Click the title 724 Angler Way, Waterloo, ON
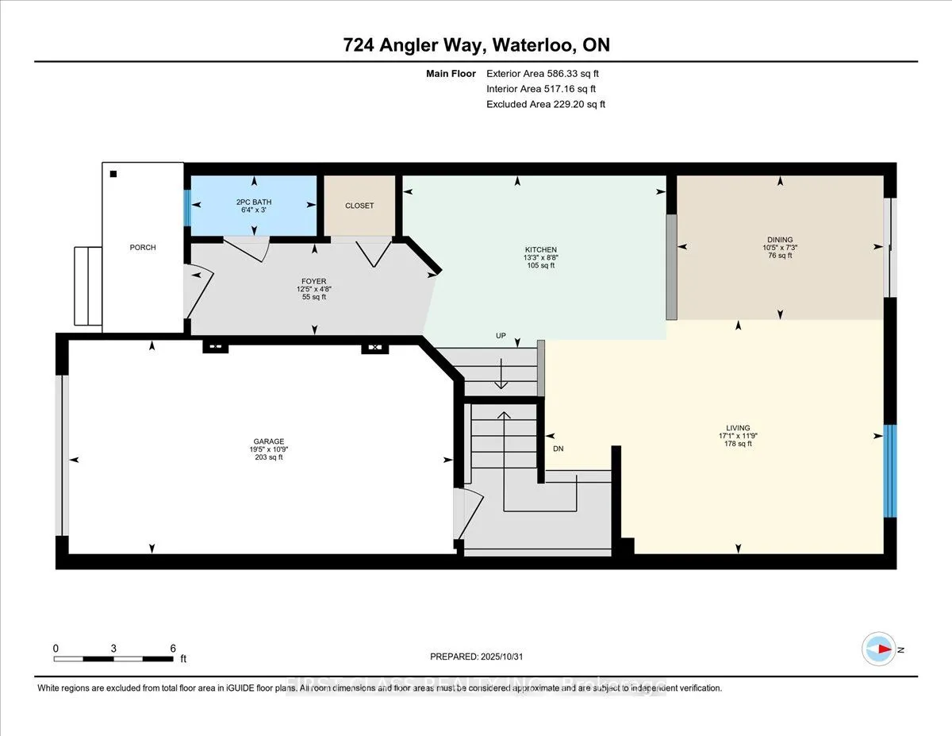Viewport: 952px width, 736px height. pyautogui.click(x=476, y=45)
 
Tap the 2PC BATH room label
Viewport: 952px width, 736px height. pyautogui.click(x=254, y=202)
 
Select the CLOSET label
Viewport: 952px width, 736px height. pyautogui.click(x=359, y=206)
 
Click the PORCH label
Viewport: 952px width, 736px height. pyautogui.click(x=143, y=248)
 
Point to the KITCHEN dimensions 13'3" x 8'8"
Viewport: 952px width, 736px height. pyautogui.click(x=541, y=257)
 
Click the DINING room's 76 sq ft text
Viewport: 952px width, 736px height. pyautogui.click(x=779, y=256)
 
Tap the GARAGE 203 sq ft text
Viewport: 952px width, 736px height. pyautogui.click(x=269, y=457)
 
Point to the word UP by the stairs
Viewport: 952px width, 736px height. pyautogui.click(x=501, y=336)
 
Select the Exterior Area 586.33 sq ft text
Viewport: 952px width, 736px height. pyautogui.click(x=547, y=74)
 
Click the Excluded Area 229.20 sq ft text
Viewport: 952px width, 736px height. pyautogui.click(x=546, y=104)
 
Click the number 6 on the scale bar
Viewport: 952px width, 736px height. pyautogui.click(x=173, y=648)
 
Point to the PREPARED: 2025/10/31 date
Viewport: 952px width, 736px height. pyautogui.click(x=478, y=657)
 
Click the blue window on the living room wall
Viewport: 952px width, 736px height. pyautogui.click(x=890, y=471)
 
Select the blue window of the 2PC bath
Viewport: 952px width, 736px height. pyautogui.click(x=188, y=208)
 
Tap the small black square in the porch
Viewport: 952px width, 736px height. pyautogui.click(x=113, y=174)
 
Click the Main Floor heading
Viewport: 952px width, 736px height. pyautogui.click(x=451, y=74)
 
